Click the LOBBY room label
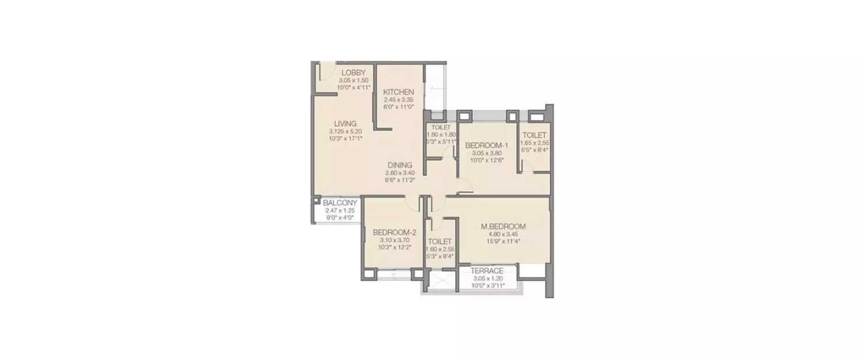[x=353, y=73]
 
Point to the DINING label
[x=400, y=165]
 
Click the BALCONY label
[x=340, y=203]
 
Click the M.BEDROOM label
[x=503, y=226]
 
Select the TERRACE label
[x=487, y=271]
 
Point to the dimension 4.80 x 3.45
[x=503, y=234]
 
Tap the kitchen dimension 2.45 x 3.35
[x=399, y=100]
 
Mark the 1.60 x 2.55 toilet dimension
[x=440, y=249]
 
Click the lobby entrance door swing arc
[x=327, y=72]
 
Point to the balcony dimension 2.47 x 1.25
[x=340, y=211]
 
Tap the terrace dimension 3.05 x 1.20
[x=487, y=278]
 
